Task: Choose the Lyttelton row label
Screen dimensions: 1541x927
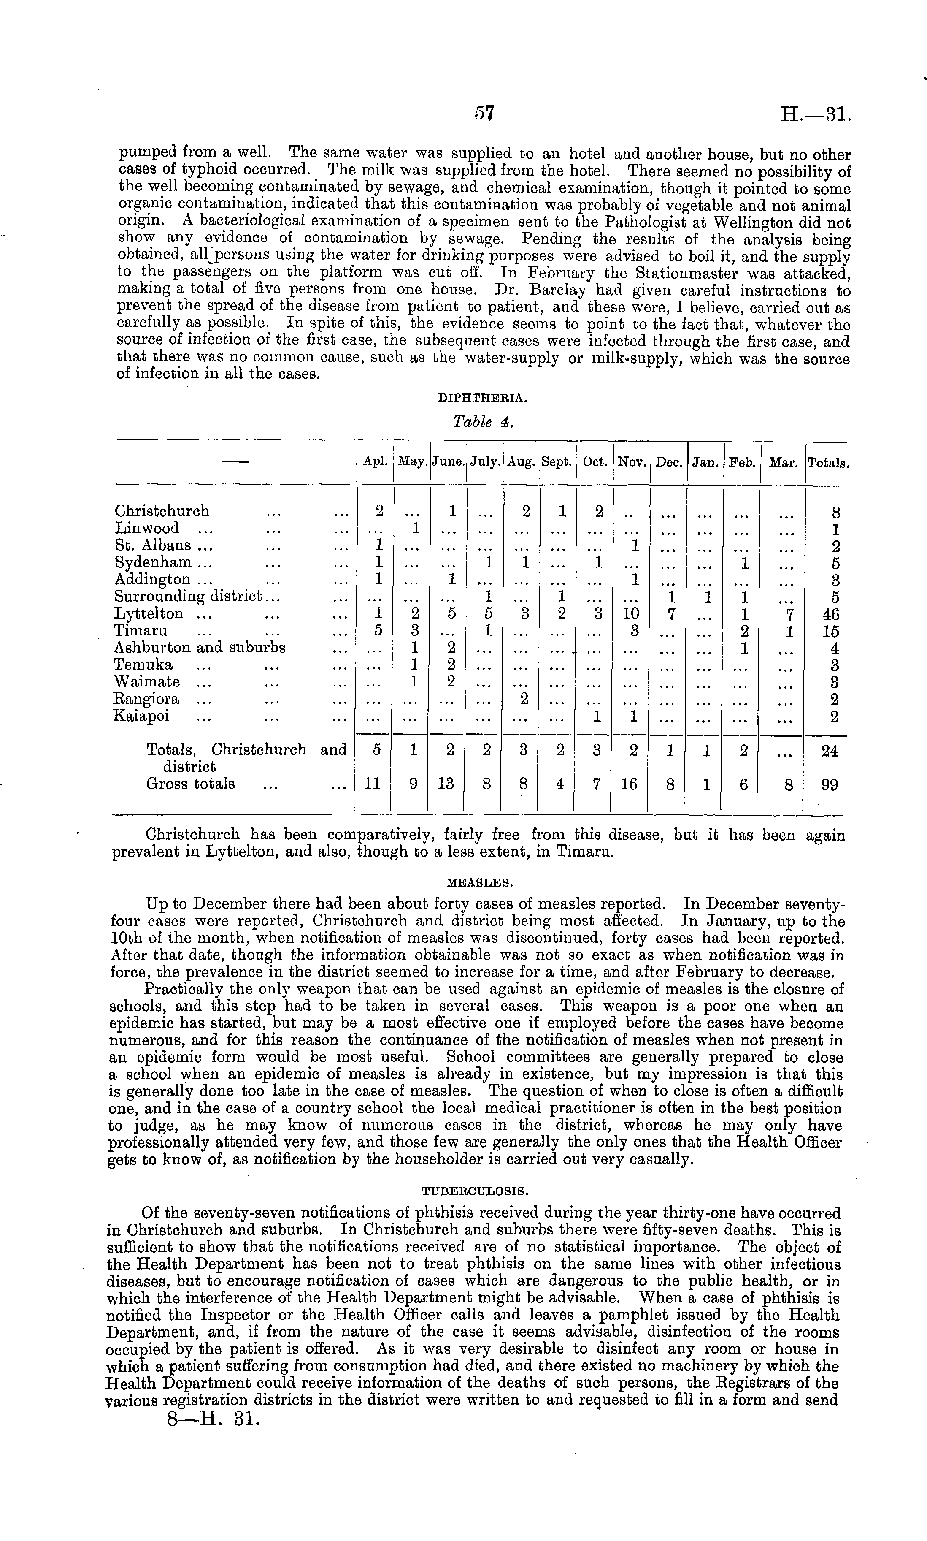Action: pyautogui.click(x=148, y=613)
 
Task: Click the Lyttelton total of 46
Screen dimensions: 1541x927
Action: pyautogui.click(x=830, y=615)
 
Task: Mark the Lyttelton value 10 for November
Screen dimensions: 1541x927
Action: pyautogui.click(x=633, y=615)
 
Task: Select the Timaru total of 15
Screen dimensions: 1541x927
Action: pyautogui.click(x=830, y=632)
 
